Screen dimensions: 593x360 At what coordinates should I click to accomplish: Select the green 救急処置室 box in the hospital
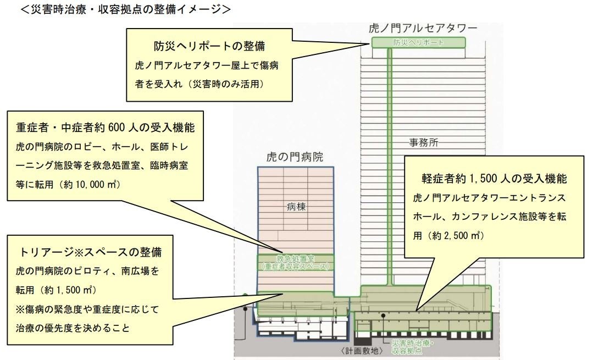[296, 262]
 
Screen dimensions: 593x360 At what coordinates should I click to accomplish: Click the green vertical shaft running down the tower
[389, 165]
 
